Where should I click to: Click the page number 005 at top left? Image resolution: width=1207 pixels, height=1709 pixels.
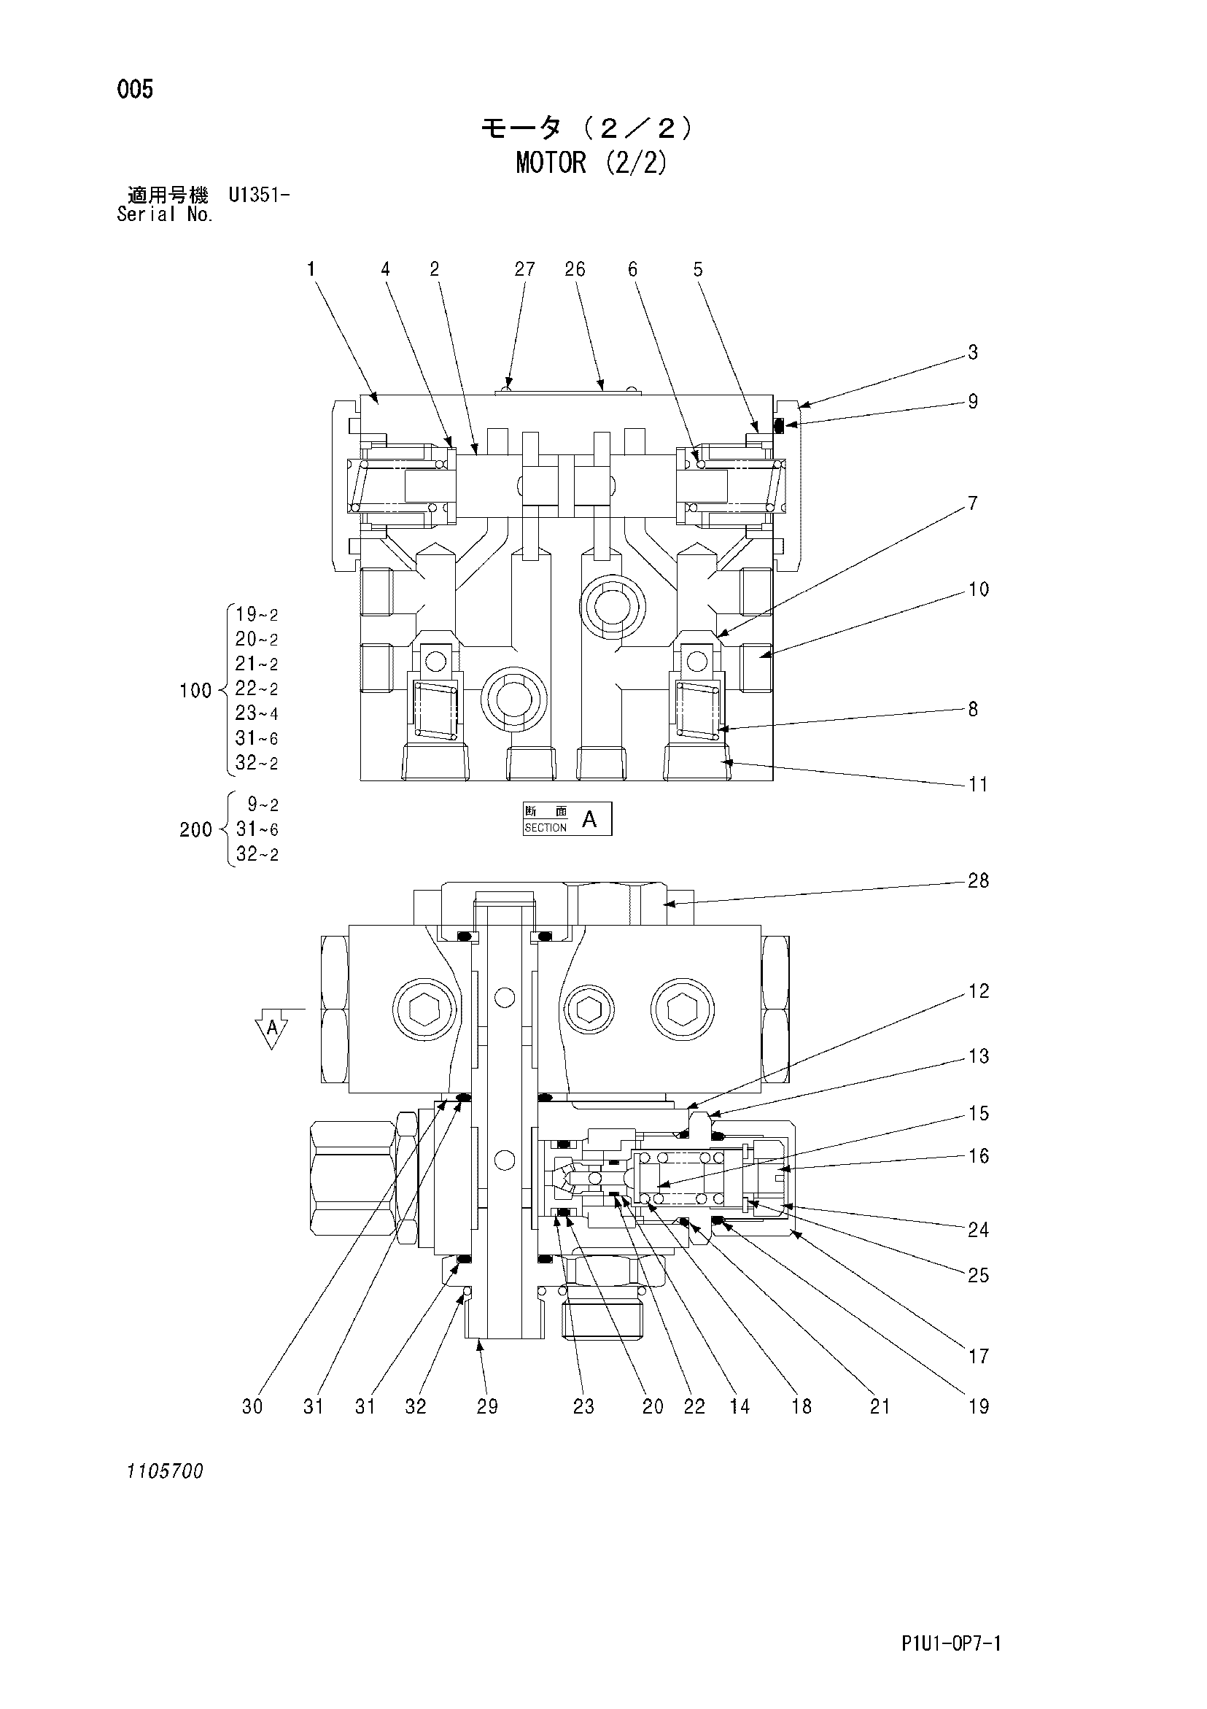pyautogui.click(x=135, y=90)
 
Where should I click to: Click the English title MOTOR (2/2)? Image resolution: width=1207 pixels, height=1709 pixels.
pyautogui.click(x=591, y=162)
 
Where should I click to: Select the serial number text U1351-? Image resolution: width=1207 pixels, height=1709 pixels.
pyautogui.click(x=259, y=195)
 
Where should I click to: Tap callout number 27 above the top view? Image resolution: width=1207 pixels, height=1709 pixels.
pyautogui.click(x=524, y=269)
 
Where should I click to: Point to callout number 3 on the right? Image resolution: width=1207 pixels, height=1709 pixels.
pyautogui.click(x=973, y=353)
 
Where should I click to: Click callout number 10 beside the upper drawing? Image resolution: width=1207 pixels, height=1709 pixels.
pyautogui.click(x=978, y=589)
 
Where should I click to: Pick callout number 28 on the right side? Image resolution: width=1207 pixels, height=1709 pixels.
pyautogui.click(x=978, y=881)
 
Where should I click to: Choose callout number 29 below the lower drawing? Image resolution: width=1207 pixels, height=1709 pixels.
pyautogui.click(x=487, y=1407)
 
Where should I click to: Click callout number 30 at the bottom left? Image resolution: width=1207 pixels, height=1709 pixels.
pyautogui.click(x=253, y=1407)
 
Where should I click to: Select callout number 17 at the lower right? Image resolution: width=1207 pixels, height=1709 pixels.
pyautogui.click(x=978, y=1357)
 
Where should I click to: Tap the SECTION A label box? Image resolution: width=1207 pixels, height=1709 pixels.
pyautogui.click(x=567, y=819)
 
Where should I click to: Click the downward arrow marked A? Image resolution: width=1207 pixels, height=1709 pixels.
pyautogui.click(x=271, y=1029)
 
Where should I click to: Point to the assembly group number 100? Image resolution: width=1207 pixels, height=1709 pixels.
pyautogui.click(x=195, y=691)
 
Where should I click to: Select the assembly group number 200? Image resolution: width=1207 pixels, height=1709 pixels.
pyautogui.click(x=195, y=829)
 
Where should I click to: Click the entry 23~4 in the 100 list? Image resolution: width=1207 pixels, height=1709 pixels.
pyautogui.click(x=257, y=713)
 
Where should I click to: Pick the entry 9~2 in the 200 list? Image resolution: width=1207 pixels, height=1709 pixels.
pyautogui.click(x=263, y=805)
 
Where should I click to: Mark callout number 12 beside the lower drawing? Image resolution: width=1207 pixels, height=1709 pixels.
pyautogui.click(x=978, y=991)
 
